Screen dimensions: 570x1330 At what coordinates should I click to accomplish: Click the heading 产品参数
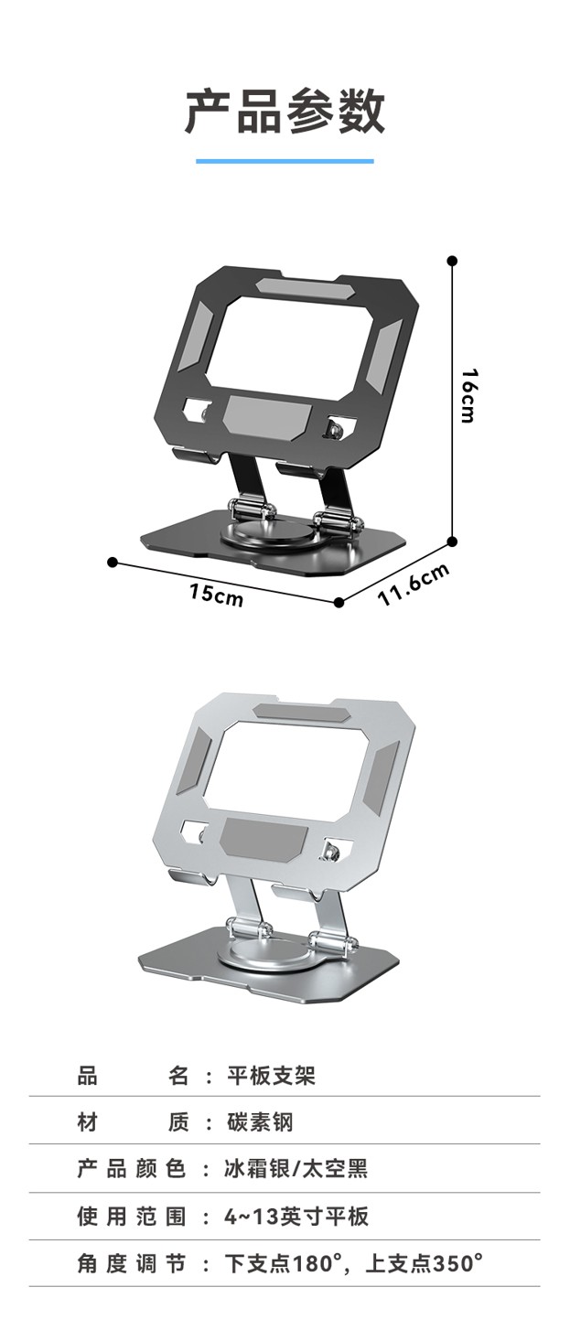point(285,111)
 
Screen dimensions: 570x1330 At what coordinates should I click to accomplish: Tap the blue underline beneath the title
point(285,161)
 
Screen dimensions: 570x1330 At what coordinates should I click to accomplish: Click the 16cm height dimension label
point(469,395)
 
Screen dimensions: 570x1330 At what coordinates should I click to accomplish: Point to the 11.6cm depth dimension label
point(414,585)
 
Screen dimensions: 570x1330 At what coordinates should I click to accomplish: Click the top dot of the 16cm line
point(453,261)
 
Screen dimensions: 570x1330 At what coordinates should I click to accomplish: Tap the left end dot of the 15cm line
point(113,562)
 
